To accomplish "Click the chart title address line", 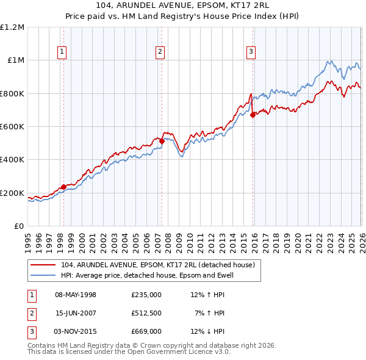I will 182,5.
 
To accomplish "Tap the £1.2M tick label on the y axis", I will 13,27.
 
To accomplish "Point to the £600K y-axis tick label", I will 13,126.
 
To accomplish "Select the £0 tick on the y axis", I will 19,226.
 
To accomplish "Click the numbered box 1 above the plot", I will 63,52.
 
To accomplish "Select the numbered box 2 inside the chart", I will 160,52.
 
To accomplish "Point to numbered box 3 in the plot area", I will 251,52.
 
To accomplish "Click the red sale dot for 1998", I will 63,187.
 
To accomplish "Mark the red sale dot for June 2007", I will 162,141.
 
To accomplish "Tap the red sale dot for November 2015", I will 252,115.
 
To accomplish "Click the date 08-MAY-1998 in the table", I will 76,295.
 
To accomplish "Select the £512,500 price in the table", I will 146,313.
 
